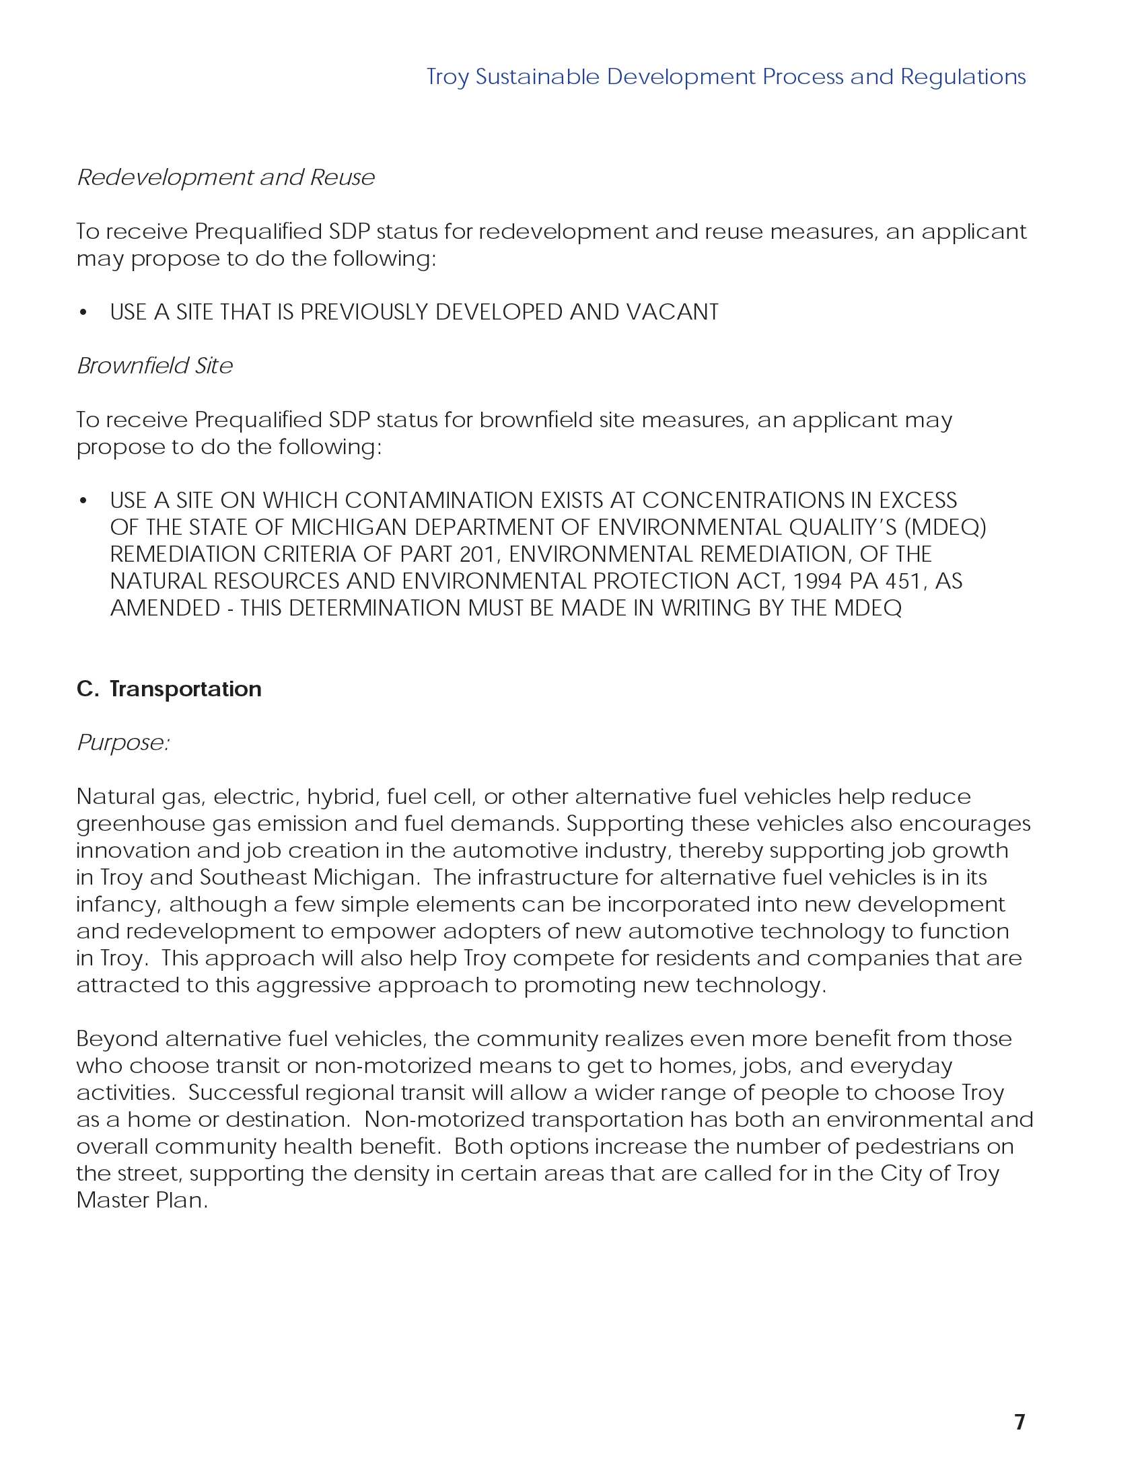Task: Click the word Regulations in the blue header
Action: point(962,77)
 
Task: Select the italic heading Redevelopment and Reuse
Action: point(225,178)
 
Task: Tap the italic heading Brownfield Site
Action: point(155,366)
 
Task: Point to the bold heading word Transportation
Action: point(185,689)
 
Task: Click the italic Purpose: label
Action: point(122,743)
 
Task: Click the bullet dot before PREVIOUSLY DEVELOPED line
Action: point(83,312)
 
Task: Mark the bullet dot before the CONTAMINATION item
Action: point(83,501)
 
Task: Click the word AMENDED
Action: point(165,609)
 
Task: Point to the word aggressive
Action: point(313,986)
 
